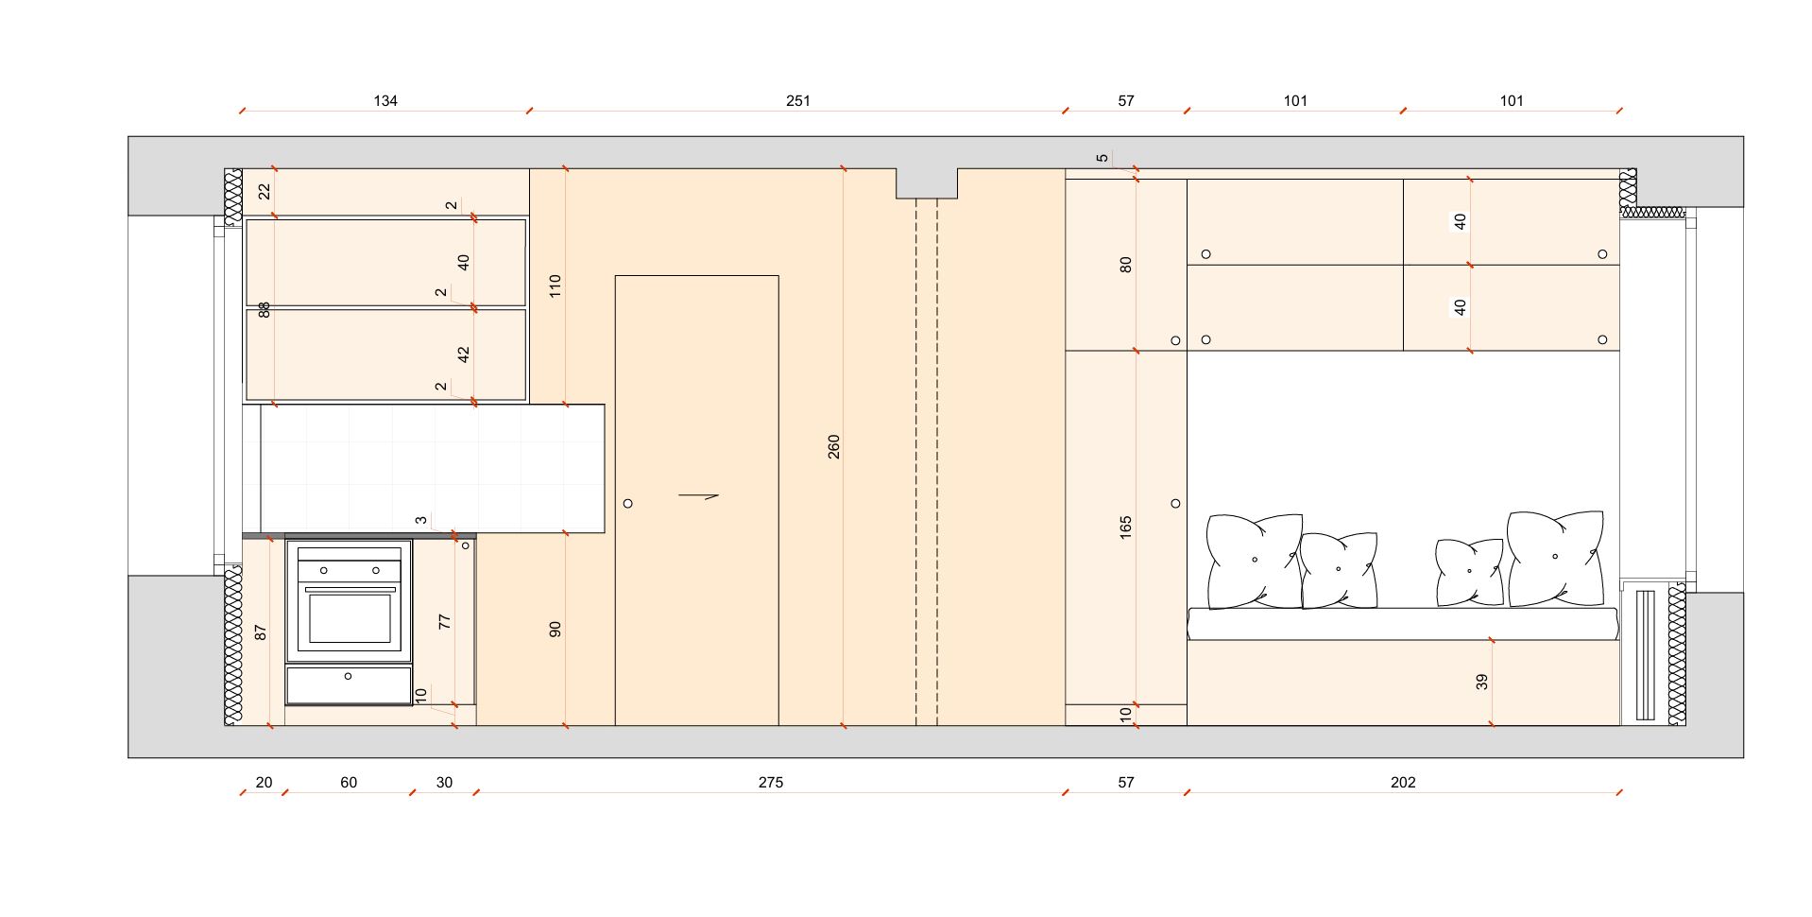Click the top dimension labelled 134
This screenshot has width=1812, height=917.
click(385, 100)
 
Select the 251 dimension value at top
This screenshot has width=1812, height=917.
click(798, 100)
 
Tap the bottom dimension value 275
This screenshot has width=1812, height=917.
click(771, 782)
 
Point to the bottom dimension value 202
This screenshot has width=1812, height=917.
click(1403, 782)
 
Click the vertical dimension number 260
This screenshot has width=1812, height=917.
click(833, 447)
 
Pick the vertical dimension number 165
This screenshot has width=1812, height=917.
click(1125, 528)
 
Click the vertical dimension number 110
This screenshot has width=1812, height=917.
click(556, 285)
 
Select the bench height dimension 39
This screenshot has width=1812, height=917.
click(1481, 681)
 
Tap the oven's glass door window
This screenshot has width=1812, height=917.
click(350, 617)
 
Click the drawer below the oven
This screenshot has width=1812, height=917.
click(349, 684)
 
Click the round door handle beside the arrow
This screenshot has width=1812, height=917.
click(628, 503)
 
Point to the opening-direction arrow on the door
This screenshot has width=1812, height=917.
click(699, 494)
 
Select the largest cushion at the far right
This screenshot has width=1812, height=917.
click(1555, 558)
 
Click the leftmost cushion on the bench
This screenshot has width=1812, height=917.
click(1255, 561)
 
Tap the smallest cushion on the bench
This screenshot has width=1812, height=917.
click(1469, 572)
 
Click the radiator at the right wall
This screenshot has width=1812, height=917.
click(1646, 654)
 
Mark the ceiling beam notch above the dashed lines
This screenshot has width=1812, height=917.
click(927, 183)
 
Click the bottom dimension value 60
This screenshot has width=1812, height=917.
click(349, 782)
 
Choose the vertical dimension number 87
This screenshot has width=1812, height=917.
click(262, 632)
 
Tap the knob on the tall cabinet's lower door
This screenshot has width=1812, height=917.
click(1175, 504)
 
